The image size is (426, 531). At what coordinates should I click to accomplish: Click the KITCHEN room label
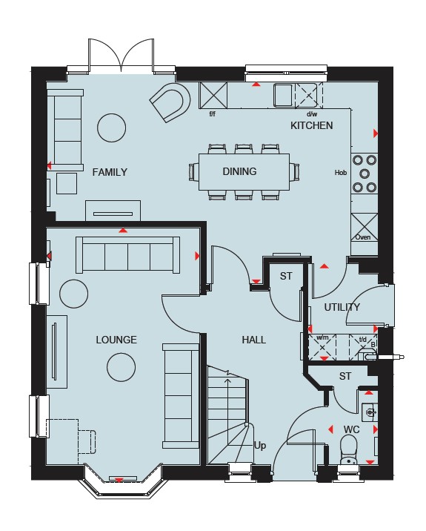point(311,125)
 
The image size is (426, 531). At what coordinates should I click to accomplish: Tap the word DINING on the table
point(239,171)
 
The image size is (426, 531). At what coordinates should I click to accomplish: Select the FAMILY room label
point(110,172)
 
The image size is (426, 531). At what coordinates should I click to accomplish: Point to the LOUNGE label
point(116,340)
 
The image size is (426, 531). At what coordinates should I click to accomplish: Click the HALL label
point(254,340)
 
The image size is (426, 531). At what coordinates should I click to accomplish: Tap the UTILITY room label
point(342,307)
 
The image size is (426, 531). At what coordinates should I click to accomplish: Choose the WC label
point(352,429)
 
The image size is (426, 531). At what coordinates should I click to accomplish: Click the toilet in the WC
point(348,449)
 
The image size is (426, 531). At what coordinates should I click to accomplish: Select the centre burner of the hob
point(365,174)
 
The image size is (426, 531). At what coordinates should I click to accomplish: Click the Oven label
point(363,237)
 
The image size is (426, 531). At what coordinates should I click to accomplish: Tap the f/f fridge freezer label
point(212,113)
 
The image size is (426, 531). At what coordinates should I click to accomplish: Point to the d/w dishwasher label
point(312,114)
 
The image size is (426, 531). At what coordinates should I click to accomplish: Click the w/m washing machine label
point(322,337)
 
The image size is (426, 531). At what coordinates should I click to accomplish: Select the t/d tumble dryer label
point(363,339)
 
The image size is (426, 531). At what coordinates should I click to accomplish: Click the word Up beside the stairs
point(260,446)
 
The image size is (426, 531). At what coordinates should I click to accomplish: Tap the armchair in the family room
point(170,102)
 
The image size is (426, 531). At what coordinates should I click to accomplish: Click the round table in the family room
point(111,128)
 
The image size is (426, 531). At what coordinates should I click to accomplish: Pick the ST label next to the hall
point(286,277)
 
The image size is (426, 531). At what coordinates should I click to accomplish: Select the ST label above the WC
point(345,376)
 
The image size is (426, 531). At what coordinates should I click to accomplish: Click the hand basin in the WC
point(370,412)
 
